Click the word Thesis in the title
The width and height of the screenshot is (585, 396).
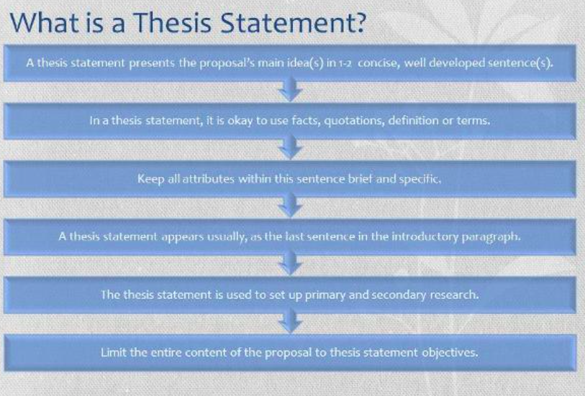coord(173,22)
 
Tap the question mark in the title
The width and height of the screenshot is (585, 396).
coord(358,22)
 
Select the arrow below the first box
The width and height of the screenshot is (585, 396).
coord(290,89)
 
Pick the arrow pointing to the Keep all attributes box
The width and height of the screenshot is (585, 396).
coord(290,147)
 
